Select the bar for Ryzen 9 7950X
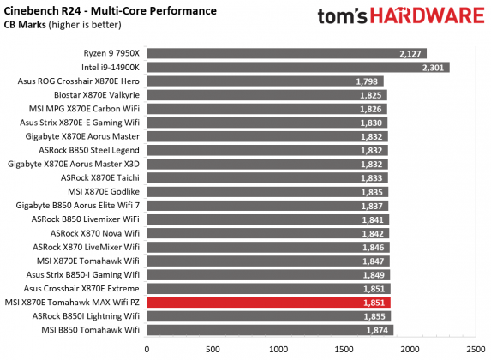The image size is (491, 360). tap(286, 53)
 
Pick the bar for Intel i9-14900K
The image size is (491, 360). tap(298, 67)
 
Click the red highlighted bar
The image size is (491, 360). tap(268, 303)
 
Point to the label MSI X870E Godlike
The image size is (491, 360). tap(99, 192)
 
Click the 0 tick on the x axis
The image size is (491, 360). tap(147, 349)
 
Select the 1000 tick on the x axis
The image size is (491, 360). tap(278, 349)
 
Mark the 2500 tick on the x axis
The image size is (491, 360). tap(476, 349)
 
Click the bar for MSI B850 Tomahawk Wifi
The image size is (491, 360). tap(270, 330)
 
